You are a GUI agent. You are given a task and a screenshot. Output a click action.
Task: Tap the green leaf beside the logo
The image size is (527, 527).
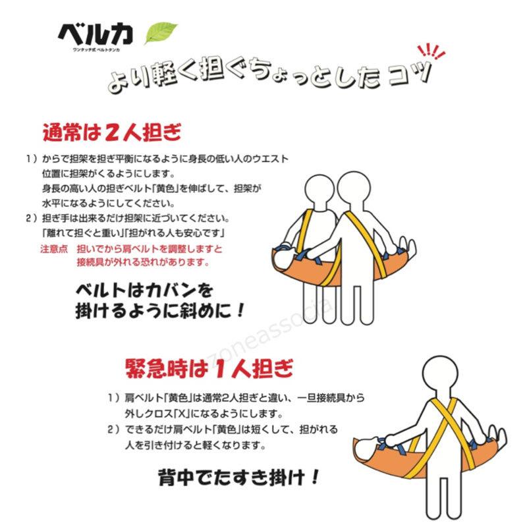[x=161, y=32]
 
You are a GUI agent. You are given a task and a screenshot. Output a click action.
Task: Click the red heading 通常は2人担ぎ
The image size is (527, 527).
[x=111, y=133]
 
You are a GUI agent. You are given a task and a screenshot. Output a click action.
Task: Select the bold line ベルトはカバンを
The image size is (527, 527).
[x=142, y=289]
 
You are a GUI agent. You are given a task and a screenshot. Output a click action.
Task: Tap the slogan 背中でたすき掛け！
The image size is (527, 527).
[x=238, y=476]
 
